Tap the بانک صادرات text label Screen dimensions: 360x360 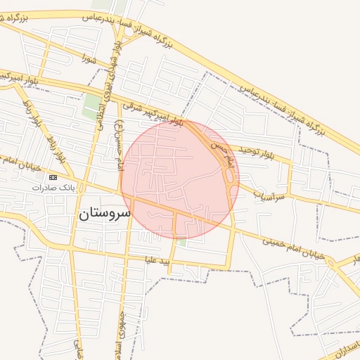pos(58,188)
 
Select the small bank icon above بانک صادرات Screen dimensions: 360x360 pos(54,177)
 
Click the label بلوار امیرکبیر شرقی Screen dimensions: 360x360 pos(153,115)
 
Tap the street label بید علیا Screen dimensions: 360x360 pos(155,261)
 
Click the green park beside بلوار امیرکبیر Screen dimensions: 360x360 pos(91,106)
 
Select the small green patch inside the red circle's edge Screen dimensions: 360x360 pos(181,241)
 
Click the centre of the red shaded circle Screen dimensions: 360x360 pos(180,179)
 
